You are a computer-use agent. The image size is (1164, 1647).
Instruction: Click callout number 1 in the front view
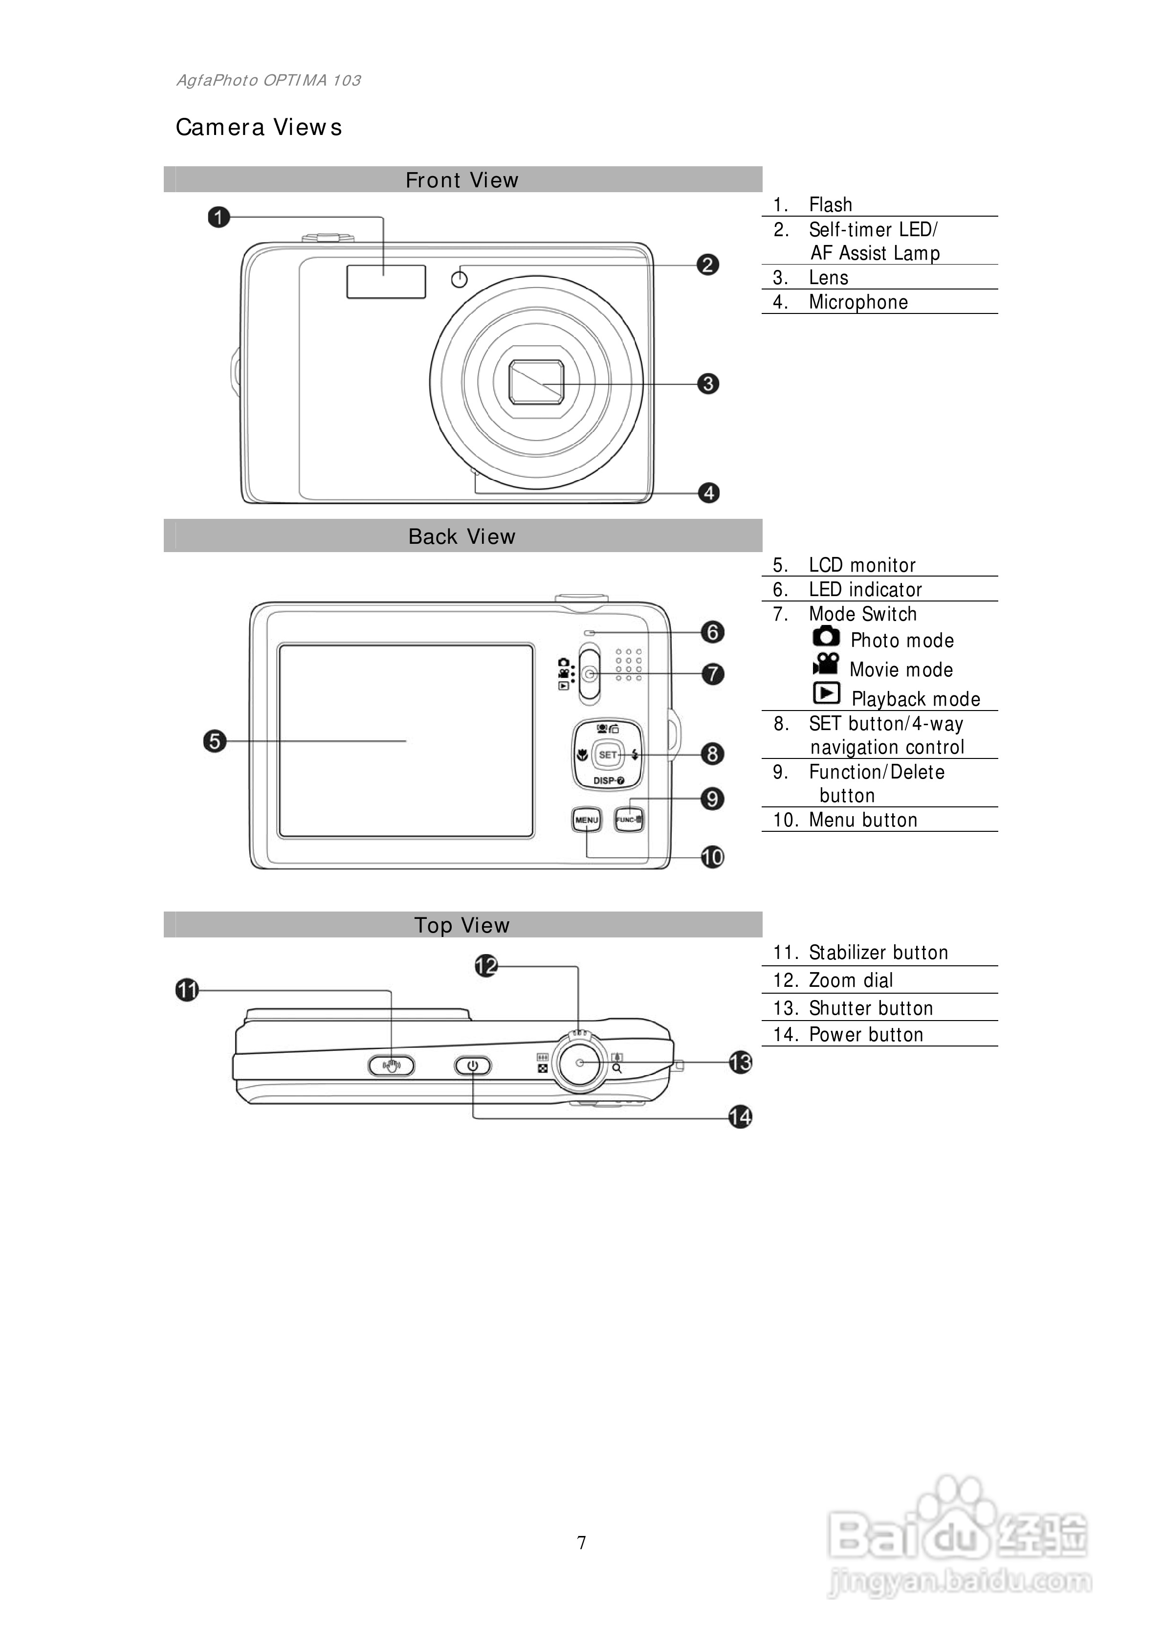219,217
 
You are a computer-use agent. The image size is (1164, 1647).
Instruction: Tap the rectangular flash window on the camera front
386,282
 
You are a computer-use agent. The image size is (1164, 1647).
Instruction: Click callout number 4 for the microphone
708,493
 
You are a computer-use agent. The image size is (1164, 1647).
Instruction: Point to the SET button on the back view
608,755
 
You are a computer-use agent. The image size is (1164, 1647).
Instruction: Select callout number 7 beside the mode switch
712,673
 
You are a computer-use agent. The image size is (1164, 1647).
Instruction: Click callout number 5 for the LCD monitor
215,741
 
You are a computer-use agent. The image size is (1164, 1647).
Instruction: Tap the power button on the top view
473,1067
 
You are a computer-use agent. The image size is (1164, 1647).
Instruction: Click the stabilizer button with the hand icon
391,1067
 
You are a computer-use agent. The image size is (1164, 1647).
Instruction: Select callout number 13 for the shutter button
740,1062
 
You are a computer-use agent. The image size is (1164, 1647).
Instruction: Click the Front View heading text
462,180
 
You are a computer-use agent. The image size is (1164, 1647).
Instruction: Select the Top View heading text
462,925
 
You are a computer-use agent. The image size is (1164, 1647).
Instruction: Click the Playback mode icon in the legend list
826,693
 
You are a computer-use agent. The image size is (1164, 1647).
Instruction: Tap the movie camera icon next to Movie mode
826,664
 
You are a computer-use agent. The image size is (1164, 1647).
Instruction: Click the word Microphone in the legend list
858,302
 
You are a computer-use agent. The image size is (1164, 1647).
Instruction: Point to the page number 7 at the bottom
582,1542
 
